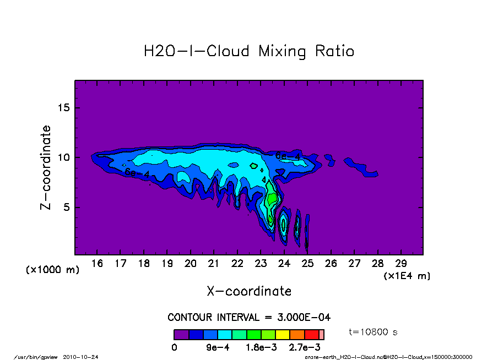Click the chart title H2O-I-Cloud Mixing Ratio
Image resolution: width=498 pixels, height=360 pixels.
248,51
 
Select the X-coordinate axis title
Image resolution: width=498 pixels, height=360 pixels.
249,291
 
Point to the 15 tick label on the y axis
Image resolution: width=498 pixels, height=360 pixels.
64,107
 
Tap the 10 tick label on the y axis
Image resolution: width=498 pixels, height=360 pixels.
64,157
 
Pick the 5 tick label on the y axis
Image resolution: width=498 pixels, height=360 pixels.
67,208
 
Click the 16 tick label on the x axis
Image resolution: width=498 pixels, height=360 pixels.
98,264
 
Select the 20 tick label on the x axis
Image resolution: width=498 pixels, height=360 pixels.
191,264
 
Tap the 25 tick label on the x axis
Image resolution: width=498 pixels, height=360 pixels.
307,264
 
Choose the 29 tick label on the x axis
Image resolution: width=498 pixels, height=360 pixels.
400,264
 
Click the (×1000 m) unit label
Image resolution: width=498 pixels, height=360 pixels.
53,270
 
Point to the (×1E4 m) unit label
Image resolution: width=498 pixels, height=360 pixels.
407,276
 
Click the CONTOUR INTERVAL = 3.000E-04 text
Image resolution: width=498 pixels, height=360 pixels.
249,318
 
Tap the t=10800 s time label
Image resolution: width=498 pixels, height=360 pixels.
373,332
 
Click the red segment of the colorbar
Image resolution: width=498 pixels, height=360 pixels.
312,335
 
